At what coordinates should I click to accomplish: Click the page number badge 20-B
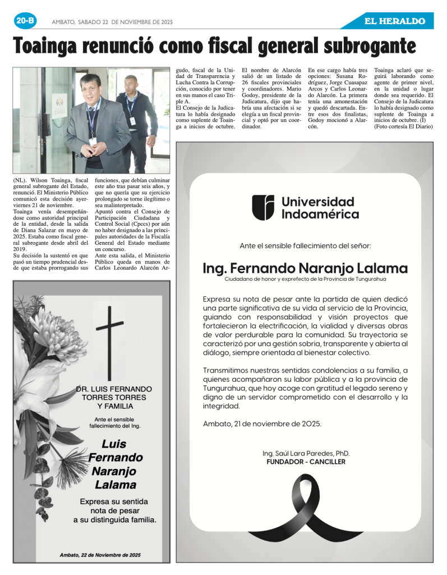point(25,21)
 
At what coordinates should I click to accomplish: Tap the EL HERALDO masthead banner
point(395,21)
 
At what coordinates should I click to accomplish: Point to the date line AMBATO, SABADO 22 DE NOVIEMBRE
point(112,22)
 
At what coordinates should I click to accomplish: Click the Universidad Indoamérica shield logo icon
point(262,207)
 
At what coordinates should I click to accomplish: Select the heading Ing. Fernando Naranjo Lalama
point(305,268)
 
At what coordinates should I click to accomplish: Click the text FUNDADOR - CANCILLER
point(306,462)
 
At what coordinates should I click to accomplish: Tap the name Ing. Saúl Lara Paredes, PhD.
point(306,453)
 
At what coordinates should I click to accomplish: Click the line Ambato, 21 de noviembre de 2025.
point(262,423)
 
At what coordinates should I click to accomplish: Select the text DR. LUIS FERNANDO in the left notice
point(114,389)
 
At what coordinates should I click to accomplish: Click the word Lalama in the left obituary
point(115,485)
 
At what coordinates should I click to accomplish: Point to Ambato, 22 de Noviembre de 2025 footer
point(100,555)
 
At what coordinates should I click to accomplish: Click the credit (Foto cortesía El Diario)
point(404,127)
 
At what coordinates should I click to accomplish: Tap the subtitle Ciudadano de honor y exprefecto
point(305,279)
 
